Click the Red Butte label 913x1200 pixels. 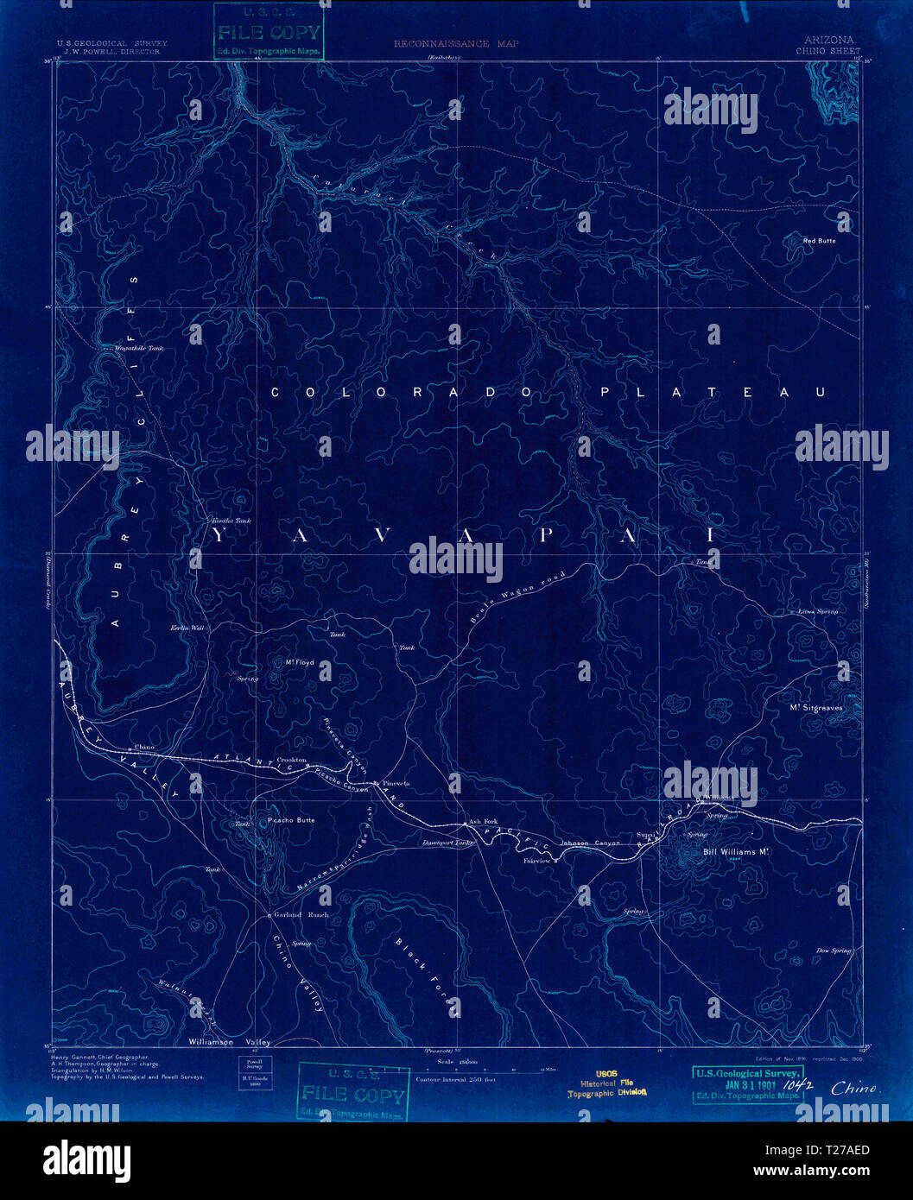[819, 241]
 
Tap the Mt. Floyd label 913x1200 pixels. [300, 663]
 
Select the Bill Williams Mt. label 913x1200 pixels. [736, 852]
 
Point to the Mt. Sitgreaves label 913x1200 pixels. [815, 708]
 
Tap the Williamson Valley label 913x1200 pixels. [230, 1042]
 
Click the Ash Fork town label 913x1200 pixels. [483, 821]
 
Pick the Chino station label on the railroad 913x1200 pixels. [143, 748]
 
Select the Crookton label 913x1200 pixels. [291, 760]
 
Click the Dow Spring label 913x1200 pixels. [834, 951]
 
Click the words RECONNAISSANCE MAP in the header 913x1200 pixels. [456, 43]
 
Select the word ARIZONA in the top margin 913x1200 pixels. [828, 40]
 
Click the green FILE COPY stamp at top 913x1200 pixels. [268, 33]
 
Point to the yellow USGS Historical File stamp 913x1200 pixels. [606, 1083]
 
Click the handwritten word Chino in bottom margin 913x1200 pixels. [854, 1089]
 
